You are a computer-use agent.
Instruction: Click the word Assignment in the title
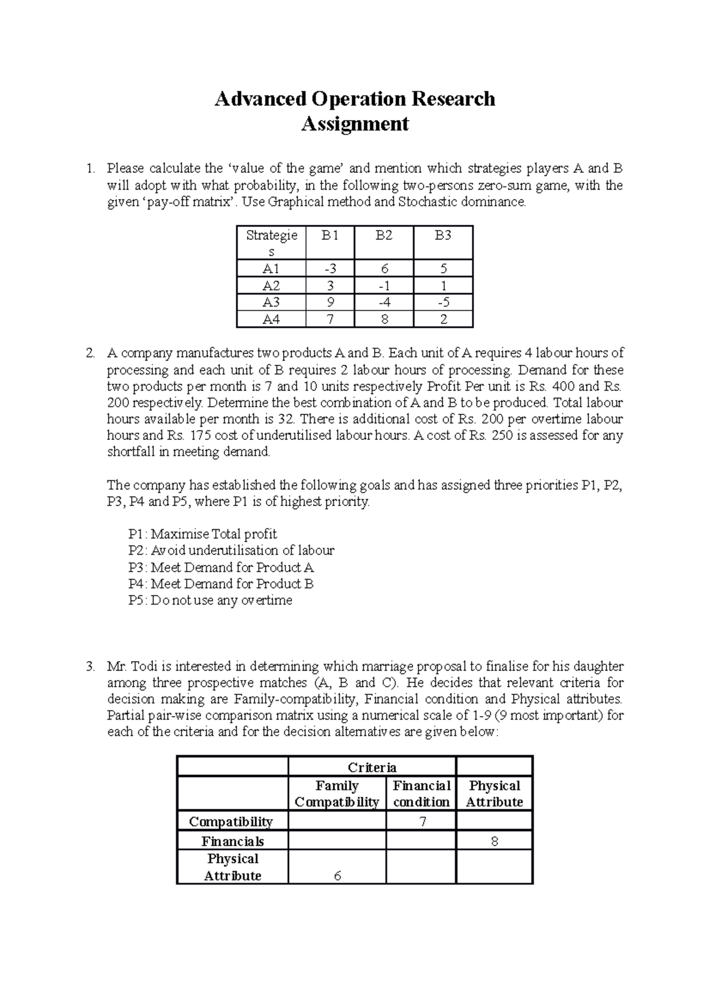pos(354,124)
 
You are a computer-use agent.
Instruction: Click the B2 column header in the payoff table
pos(384,236)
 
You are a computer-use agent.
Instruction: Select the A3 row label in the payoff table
pos(271,302)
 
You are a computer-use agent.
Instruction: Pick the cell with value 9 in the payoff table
pos(330,302)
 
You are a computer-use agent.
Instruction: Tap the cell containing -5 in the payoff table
pos(443,302)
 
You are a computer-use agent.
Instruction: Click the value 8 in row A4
pos(384,319)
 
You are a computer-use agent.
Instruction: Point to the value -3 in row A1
pos(330,268)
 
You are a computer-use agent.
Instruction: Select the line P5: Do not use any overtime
pos(210,600)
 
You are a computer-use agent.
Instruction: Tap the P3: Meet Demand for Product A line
pos(221,567)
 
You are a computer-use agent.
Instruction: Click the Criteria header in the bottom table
pos(372,767)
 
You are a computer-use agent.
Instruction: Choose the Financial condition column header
pos(421,794)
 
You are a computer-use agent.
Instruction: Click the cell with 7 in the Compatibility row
pos(421,821)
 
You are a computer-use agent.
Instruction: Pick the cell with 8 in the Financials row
pos(495,841)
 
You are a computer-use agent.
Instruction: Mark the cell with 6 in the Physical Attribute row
pos(337,876)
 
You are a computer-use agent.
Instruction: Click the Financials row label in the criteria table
pos(232,841)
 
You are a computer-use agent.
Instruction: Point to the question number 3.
pos(89,666)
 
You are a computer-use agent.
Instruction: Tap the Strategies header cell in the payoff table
pos(271,242)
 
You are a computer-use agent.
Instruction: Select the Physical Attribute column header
pos(495,794)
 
